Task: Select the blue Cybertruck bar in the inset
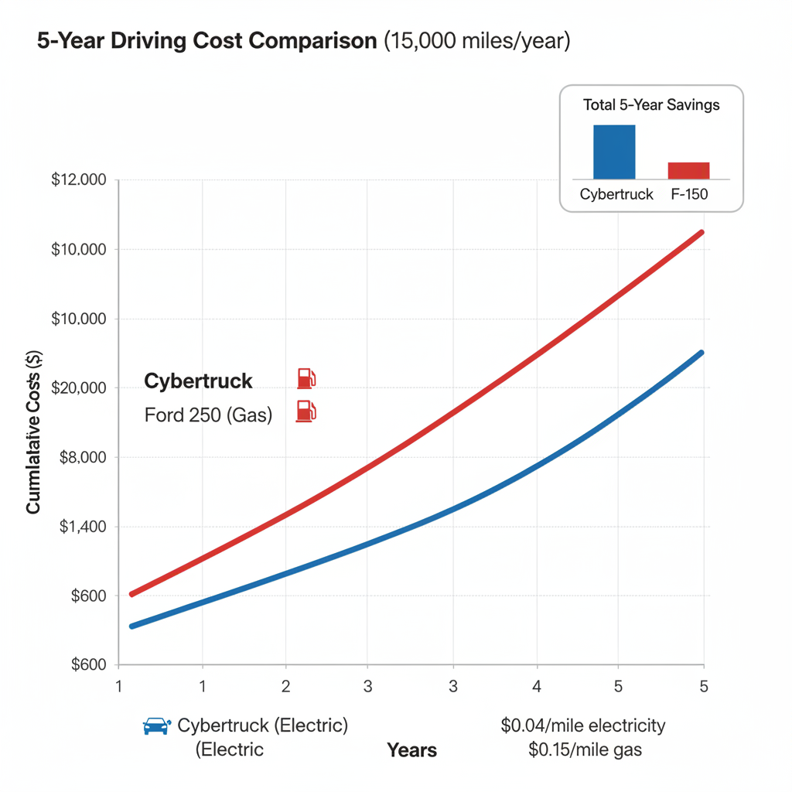click(613, 152)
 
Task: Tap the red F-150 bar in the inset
click(688, 170)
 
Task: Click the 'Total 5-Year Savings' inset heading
click(651, 105)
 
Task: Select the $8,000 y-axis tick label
click(82, 457)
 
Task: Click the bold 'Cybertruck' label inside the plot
click(199, 381)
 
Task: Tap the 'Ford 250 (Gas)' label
click(208, 415)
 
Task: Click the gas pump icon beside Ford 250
click(306, 411)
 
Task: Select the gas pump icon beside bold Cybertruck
click(306, 378)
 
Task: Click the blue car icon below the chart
click(156, 725)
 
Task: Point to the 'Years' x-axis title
click(411, 749)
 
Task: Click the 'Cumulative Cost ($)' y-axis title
click(33, 431)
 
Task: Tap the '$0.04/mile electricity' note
click(582, 725)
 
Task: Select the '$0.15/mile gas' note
click(585, 749)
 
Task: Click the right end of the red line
click(702, 232)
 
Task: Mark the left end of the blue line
click(131, 626)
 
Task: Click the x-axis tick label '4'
click(536, 685)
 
